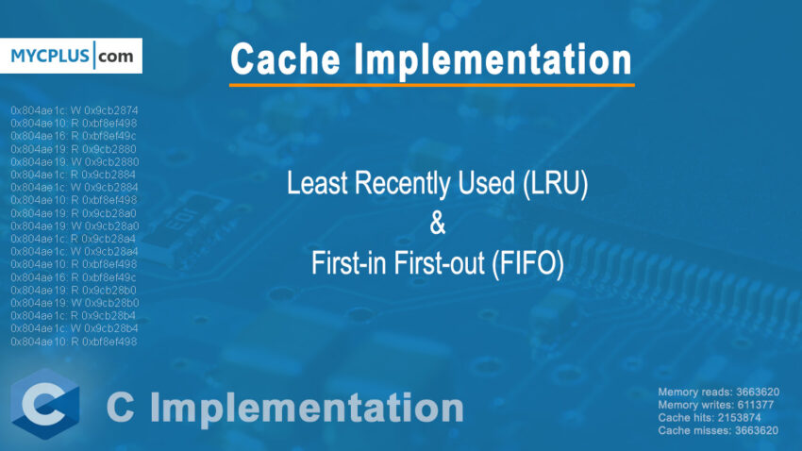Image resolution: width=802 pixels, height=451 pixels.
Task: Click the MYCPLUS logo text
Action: (x=51, y=57)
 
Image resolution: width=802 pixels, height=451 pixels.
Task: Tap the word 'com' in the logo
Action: (x=118, y=57)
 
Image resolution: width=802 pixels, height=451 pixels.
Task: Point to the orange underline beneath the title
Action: (x=431, y=85)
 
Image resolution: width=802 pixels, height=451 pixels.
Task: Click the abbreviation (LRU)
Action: (x=553, y=186)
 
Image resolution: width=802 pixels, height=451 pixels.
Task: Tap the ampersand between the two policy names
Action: (x=436, y=226)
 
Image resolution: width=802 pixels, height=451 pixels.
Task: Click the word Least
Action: (x=317, y=186)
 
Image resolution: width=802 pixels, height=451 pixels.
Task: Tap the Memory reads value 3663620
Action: (x=752, y=392)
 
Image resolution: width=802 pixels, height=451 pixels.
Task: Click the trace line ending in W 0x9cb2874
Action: (x=75, y=110)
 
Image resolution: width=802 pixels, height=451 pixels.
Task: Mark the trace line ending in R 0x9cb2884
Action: (x=75, y=175)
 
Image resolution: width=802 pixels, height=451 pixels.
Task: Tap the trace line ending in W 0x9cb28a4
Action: (x=75, y=252)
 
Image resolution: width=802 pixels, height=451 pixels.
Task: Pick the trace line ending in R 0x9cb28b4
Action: (x=75, y=316)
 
